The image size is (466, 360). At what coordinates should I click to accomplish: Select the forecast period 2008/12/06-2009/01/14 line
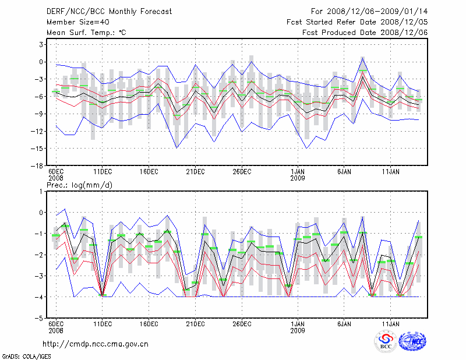tap(369, 11)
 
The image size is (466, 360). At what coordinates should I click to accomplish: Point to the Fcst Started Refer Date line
tap(357, 22)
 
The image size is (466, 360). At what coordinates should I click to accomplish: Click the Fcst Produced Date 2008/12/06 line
tap(365, 33)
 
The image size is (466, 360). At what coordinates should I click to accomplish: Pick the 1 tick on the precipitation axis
tap(41, 191)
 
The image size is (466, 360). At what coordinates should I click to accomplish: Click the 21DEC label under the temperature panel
tap(195, 172)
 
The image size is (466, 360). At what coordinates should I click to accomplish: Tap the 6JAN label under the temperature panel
tap(344, 172)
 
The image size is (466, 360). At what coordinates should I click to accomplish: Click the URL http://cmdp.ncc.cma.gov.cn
tap(96, 344)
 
